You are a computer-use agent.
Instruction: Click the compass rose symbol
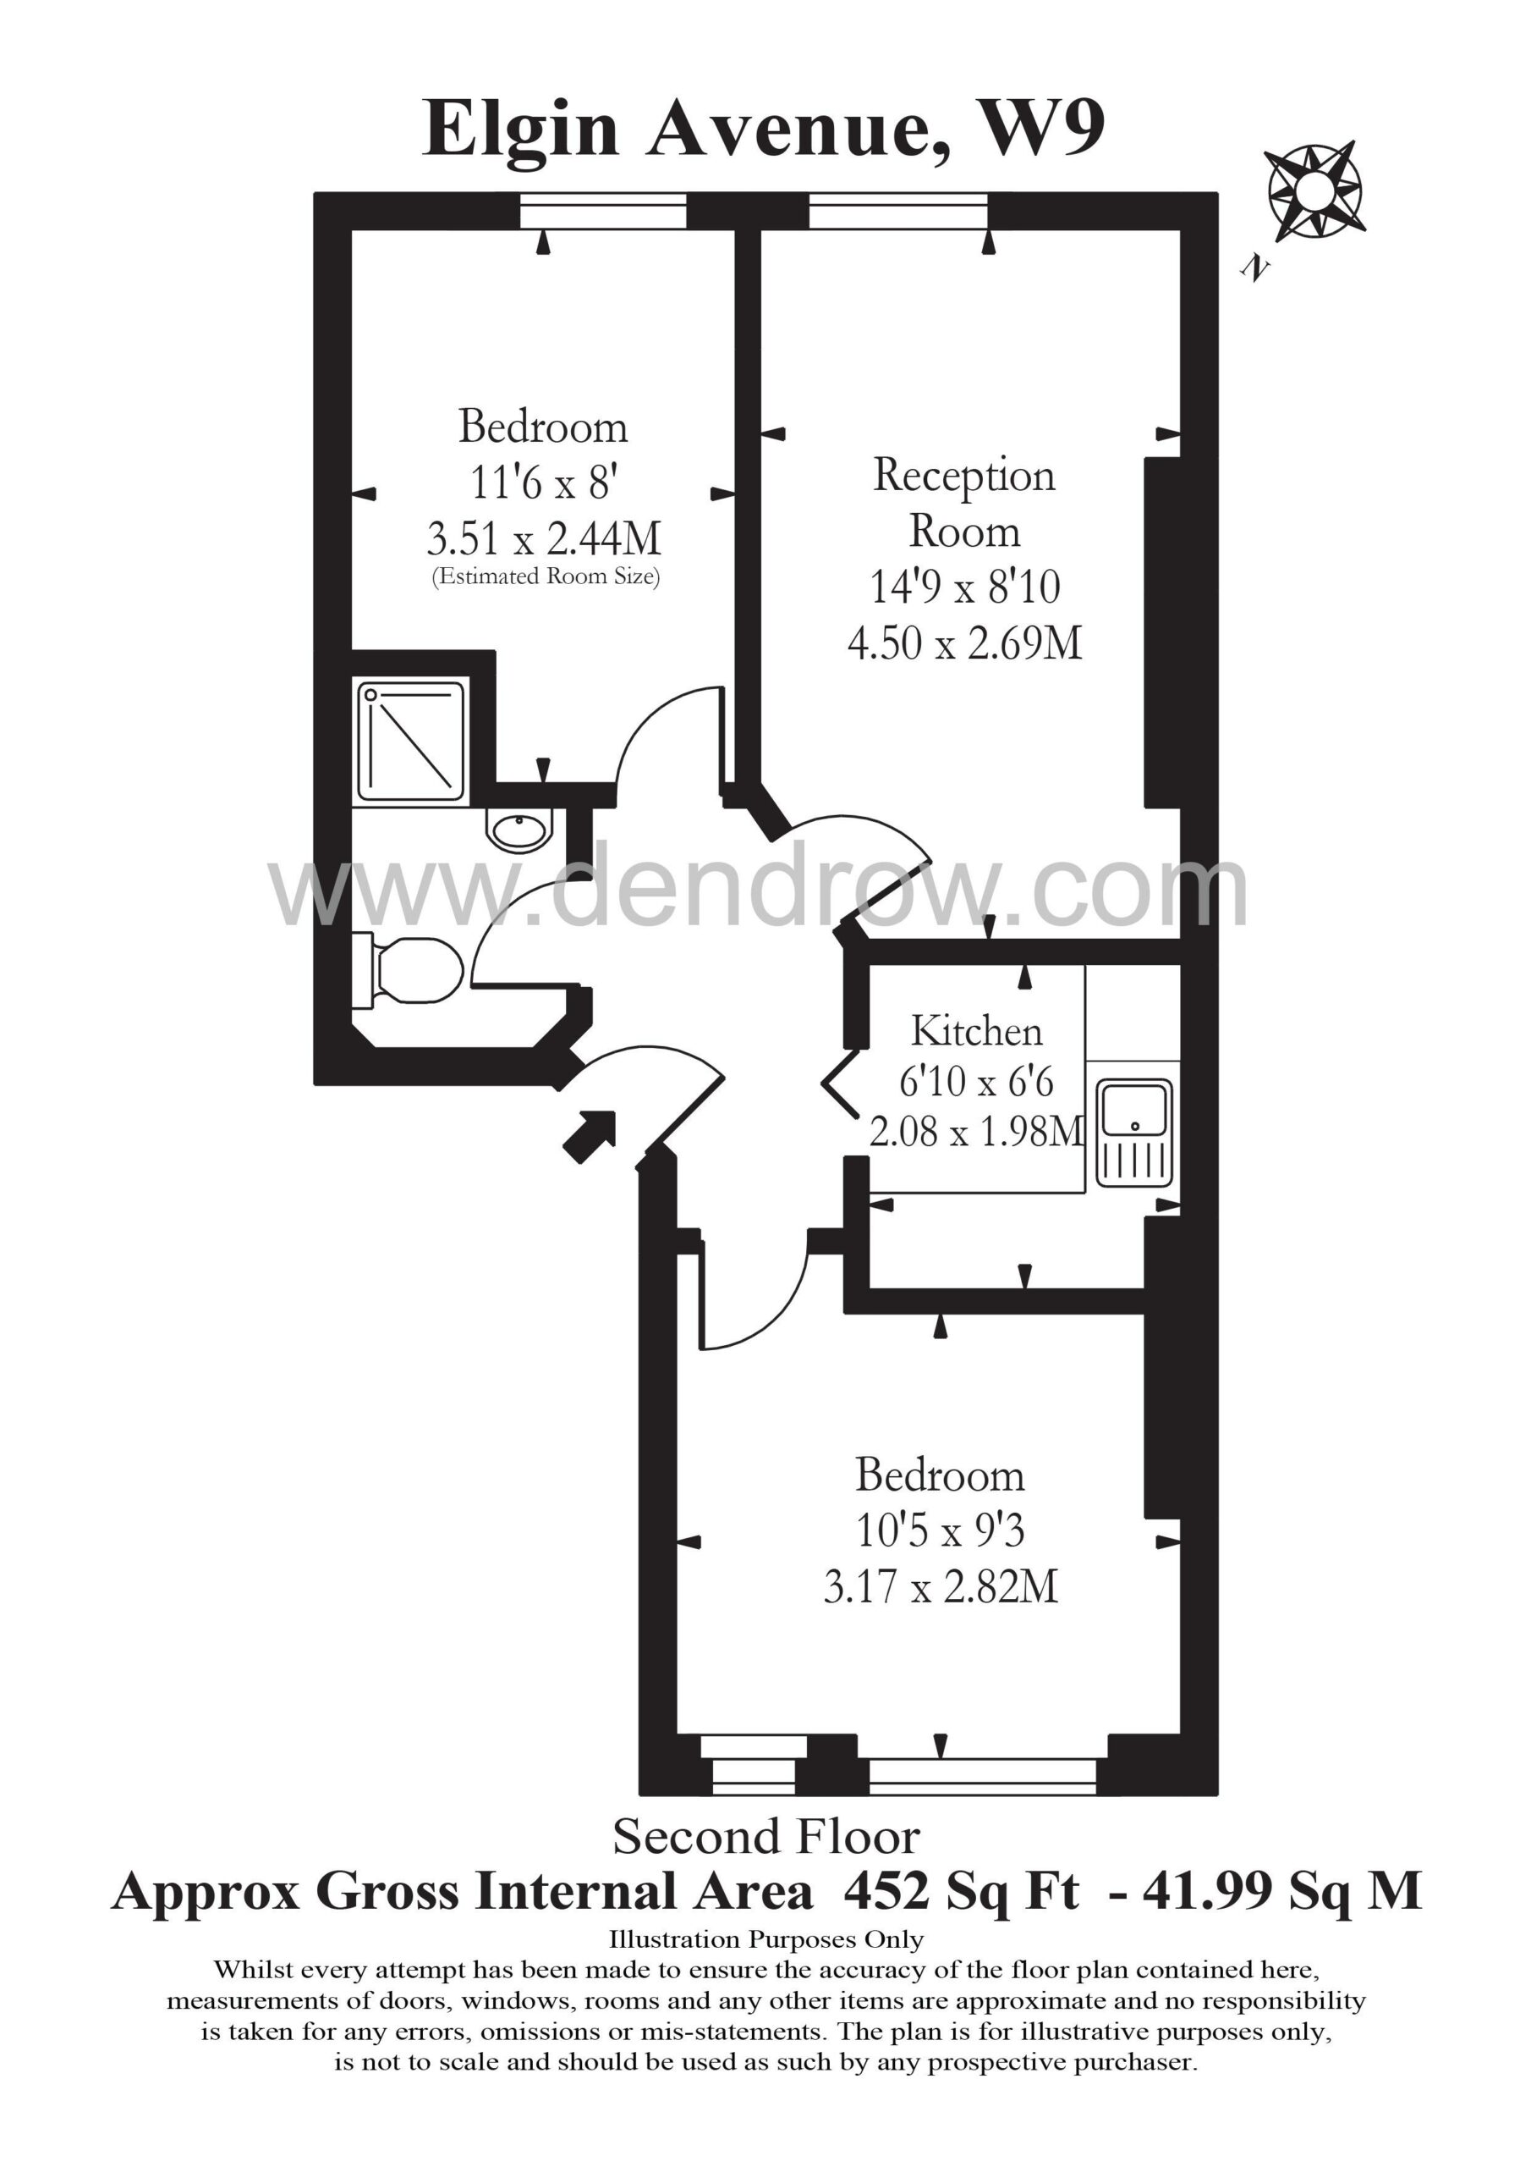[x=1312, y=190]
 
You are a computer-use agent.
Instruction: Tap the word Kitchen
[x=976, y=1031]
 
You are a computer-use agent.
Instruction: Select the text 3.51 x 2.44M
[x=543, y=539]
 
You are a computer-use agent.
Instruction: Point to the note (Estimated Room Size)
[x=546, y=576]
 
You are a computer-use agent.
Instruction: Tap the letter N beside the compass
[x=1254, y=268]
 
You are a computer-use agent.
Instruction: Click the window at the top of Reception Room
[x=899, y=211]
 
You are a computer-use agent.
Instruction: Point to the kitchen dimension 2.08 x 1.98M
[x=976, y=1131]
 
